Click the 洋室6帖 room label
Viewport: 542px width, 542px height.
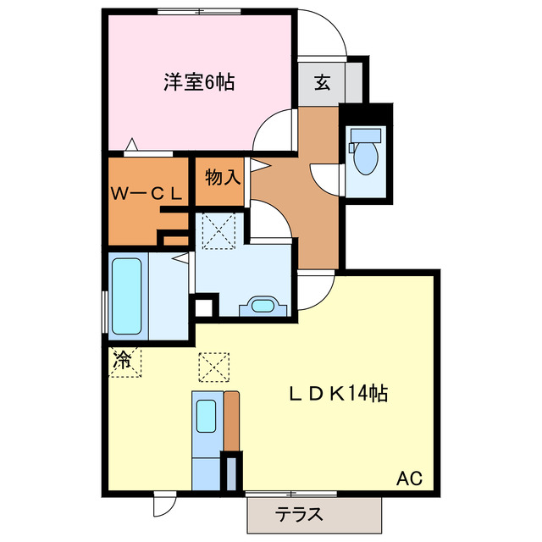199,82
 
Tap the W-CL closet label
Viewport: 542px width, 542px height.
146,193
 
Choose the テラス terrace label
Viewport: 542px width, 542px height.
298,513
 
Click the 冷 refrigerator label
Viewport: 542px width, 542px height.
123,359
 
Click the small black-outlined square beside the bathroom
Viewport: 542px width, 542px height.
203,306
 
